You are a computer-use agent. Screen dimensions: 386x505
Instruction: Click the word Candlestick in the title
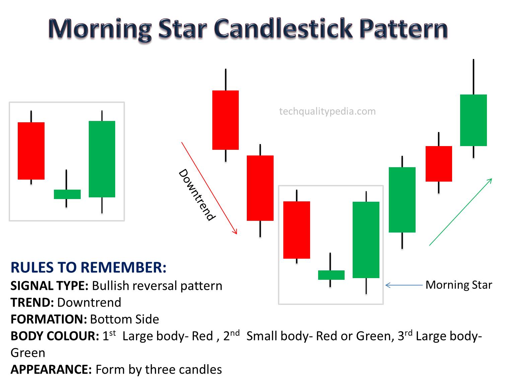[283, 28]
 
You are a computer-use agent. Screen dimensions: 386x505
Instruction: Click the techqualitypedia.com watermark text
[327, 111]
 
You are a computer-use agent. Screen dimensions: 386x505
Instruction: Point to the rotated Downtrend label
[196, 195]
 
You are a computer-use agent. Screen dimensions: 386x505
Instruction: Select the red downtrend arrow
[209, 188]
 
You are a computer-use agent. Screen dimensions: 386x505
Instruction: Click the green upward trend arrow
[460, 212]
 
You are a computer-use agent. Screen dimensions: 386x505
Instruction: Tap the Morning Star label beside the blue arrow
[458, 285]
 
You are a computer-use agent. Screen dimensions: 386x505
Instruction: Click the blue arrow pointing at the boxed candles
[404, 285]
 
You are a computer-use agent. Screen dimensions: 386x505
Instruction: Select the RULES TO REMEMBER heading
[88, 267]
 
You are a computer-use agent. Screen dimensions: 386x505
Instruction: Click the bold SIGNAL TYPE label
[49, 286]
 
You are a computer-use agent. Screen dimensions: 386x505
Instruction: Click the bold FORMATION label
[49, 319]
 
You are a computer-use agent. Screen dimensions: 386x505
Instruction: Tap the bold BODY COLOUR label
[55, 336]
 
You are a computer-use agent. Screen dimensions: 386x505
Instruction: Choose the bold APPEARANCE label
[51, 370]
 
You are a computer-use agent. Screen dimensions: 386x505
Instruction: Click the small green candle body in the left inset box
[67, 194]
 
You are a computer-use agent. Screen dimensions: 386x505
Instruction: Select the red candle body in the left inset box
[31, 151]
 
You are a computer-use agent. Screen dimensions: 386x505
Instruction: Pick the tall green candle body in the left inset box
[102, 159]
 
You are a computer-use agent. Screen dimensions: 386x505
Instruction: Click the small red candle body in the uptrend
[439, 164]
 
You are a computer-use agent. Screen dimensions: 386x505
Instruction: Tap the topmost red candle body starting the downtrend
[225, 120]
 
